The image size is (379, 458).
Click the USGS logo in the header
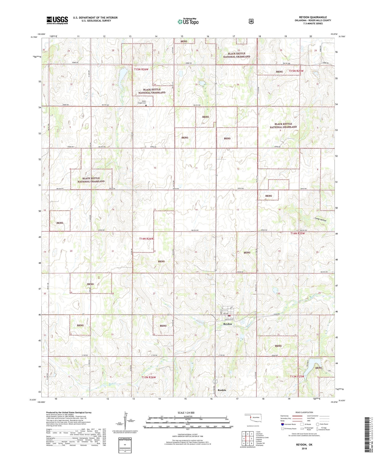[x=57, y=20]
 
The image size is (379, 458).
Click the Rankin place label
[x=222, y=390]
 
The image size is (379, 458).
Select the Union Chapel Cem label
[x=142, y=102]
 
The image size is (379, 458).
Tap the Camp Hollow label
[x=321, y=220]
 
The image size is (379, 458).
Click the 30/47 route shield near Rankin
[x=215, y=382]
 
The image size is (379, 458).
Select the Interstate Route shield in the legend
[x=282, y=424]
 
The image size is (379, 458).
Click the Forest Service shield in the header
[x=251, y=21]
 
